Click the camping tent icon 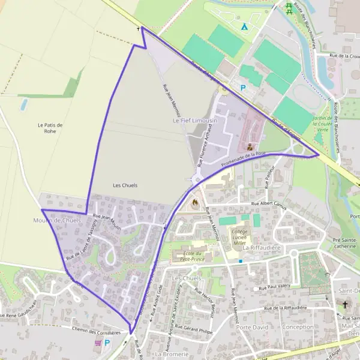pos(244,26)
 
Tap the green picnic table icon pos(289,8)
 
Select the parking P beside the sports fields pos(243,88)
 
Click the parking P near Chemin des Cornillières pos(107,343)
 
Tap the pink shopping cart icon pos(98,343)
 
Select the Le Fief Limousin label pos(194,121)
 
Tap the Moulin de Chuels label pos(57,221)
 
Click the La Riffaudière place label pos(262,247)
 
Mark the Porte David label pos(252,327)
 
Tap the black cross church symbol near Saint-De pos(345,305)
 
